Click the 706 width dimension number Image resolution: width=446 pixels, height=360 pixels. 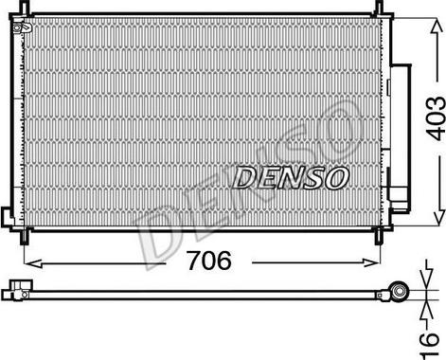209,261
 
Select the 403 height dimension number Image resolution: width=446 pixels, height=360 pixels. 436,118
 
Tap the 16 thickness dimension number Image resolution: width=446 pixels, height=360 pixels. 430,345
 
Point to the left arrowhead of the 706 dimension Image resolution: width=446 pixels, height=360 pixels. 33,262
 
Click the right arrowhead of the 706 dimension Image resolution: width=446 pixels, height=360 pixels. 371,262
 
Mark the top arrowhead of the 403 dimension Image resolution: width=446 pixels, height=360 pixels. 437,27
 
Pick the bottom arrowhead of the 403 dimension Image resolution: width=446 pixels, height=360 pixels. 437,218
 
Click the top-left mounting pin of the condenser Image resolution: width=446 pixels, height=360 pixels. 25,7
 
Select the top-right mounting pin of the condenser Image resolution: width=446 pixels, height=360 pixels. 378,7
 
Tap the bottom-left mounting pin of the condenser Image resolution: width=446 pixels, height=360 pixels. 25,237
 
